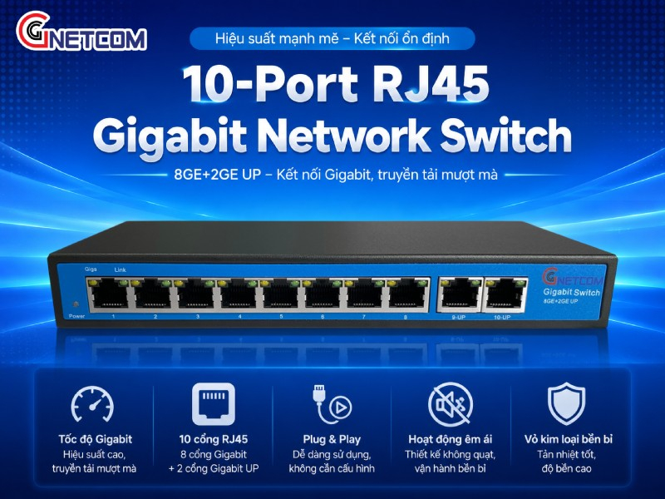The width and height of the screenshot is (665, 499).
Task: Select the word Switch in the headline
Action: tap(505, 136)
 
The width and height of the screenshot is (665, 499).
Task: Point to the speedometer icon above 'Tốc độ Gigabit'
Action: tap(92, 404)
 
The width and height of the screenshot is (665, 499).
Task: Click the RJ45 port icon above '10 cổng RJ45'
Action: tap(214, 404)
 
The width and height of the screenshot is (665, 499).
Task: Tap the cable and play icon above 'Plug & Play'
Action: tap(332, 404)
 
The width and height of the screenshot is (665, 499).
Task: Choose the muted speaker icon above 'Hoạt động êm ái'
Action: tap(450, 404)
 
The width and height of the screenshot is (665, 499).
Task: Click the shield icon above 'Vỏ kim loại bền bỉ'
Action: tap(567, 403)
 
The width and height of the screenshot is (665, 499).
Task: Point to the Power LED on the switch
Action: tap(76, 304)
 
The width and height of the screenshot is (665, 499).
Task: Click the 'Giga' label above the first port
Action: tap(91, 269)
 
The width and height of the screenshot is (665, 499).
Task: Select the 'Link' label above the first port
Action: tap(120, 269)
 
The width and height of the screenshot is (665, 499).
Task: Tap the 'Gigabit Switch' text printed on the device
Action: tap(572, 292)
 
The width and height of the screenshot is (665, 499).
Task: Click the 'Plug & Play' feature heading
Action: tap(332, 439)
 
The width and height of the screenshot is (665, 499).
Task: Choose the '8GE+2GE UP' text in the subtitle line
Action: tap(218, 175)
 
